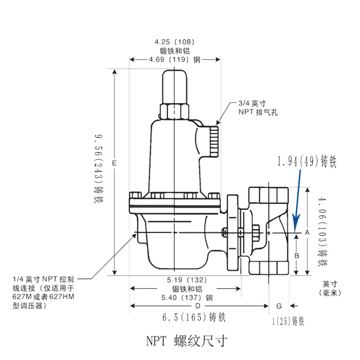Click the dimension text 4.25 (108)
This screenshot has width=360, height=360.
coord(175,42)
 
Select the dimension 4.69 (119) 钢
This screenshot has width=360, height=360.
coord(174,59)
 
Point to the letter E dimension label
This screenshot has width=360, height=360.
coord(114,164)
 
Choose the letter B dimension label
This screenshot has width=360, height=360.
coord(297,255)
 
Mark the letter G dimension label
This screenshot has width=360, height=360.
coord(279,305)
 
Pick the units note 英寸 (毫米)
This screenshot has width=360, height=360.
coord(330,288)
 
